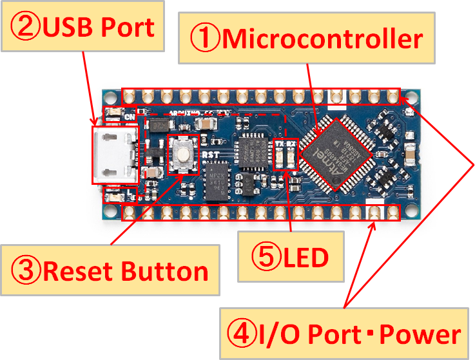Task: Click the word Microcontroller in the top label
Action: pyautogui.click(x=323, y=39)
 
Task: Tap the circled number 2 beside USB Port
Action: pyautogui.click(x=24, y=27)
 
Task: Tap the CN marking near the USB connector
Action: pyautogui.click(x=129, y=117)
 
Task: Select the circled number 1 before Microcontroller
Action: pyautogui.click(x=204, y=39)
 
